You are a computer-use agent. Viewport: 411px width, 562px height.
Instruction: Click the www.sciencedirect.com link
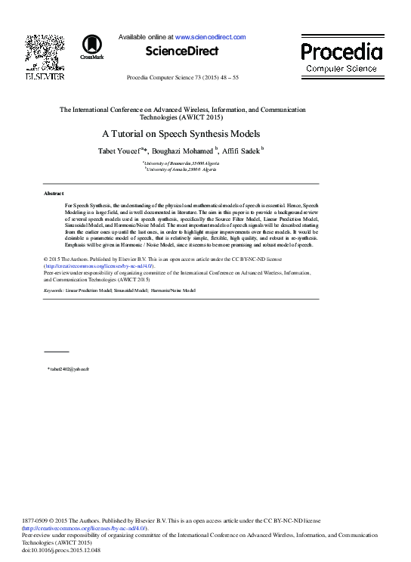click(210, 36)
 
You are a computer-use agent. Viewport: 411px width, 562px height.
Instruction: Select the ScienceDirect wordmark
click(181, 51)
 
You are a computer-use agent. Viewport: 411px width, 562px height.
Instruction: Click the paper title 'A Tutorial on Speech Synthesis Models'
click(181, 134)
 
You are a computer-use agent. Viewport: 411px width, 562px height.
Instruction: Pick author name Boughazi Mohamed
click(186, 151)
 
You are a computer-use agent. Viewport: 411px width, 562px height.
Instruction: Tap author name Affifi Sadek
click(241, 151)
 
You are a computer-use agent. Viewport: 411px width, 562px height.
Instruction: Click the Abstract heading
click(54, 194)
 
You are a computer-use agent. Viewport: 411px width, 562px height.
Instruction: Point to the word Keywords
click(53, 290)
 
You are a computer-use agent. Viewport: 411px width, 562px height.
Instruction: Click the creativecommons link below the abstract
click(99, 266)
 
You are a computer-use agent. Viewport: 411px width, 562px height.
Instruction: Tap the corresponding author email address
click(69, 368)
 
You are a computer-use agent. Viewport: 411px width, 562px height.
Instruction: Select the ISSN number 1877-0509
click(37, 521)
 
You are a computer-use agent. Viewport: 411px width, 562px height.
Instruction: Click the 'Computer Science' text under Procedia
click(341, 69)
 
